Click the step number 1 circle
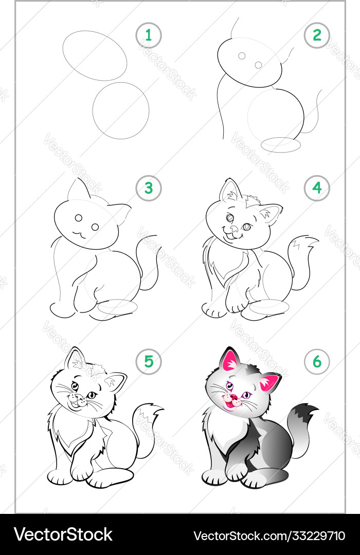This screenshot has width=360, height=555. (149, 35)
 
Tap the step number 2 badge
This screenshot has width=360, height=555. (317, 35)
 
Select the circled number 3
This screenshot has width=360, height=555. (149, 188)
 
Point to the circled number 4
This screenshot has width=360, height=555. (317, 188)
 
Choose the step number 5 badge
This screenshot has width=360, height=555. (149, 362)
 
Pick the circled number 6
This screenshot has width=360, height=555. (317, 362)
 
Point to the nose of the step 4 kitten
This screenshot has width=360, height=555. (234, 229)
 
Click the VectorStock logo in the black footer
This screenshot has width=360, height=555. (63, 534)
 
